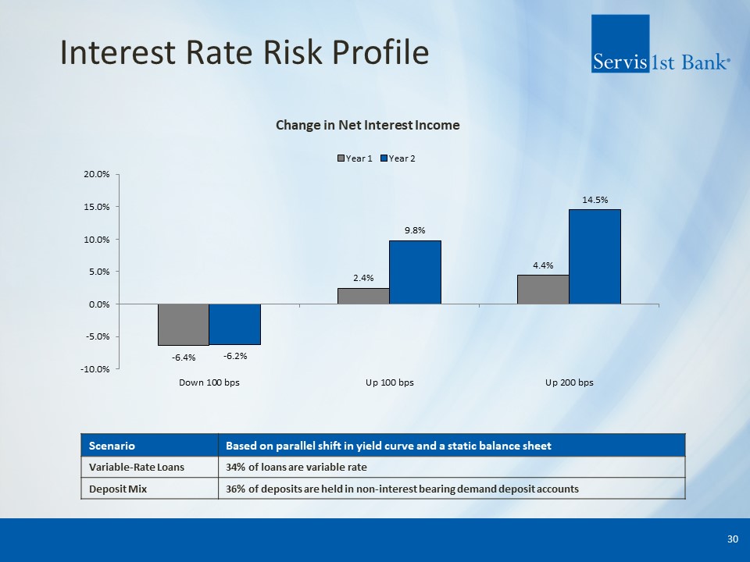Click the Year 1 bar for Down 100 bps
point(184,324)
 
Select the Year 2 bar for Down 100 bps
point(234,324)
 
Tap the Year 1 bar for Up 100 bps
point(363,296)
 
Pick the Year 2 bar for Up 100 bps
point(415,272)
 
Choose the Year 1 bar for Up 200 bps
point(543,289)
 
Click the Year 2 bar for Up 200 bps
point(595,256)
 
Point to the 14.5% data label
point(595,200)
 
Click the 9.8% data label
point(415,231)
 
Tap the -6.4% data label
point(184,357)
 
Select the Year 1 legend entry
point(354,158)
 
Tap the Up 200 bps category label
point(569,382)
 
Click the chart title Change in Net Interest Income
point(367,125)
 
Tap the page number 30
point(732,539)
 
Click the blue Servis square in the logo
point(620,44)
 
